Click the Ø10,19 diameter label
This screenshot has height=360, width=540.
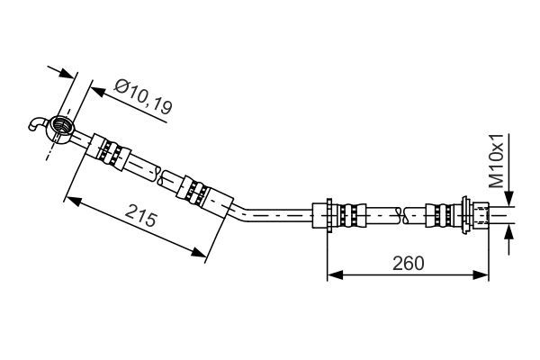(143, 96)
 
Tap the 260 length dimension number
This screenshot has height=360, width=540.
(407, 263)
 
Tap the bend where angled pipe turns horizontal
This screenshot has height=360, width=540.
(241, 212)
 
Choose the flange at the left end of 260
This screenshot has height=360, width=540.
(329, 214)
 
